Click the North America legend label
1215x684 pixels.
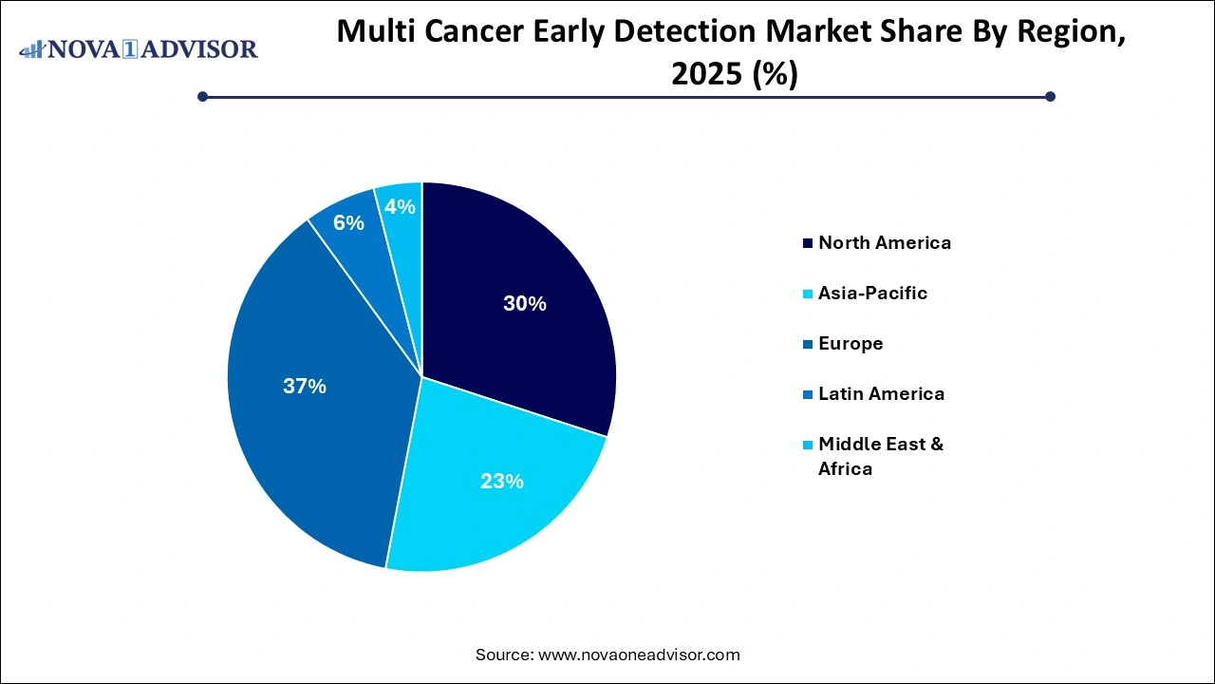884,242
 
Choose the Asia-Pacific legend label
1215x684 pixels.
872,293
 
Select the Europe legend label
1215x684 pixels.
850,343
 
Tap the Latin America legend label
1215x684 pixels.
881,393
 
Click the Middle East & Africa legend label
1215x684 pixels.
880,456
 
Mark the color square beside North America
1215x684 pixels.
808,243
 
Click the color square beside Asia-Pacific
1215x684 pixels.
808,294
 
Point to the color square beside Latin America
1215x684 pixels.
808,394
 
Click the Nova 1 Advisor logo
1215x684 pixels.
139,48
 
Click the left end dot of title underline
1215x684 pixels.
202,96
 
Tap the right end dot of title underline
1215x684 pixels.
1050,96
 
